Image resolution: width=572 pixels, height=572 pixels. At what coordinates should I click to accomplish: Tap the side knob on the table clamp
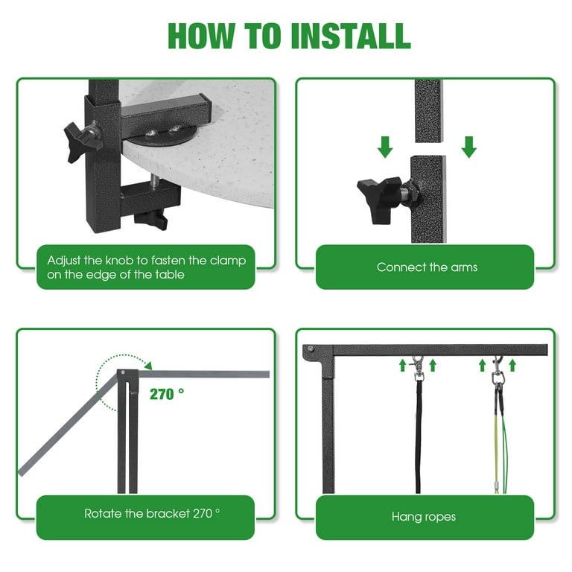point(81,142)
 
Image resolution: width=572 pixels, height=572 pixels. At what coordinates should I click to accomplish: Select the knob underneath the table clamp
point(150,220)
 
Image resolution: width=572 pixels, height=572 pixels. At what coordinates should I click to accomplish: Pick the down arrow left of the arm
point(385,147)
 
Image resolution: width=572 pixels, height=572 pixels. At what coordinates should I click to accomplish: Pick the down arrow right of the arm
point(468,147)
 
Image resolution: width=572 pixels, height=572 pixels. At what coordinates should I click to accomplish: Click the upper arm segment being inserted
point(429,110)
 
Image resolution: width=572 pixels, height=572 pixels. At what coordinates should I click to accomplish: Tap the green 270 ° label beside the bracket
point(167,394)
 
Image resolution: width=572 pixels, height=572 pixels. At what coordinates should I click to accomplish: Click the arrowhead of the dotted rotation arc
point(148,366)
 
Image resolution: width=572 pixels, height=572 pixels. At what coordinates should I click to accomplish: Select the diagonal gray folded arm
point(69,425)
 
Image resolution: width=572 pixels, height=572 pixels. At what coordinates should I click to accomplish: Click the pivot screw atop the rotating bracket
point(123,372)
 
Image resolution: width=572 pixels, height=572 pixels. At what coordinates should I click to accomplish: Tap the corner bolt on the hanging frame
point(311,349)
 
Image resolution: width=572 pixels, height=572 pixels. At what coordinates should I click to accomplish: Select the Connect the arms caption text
point(428,267)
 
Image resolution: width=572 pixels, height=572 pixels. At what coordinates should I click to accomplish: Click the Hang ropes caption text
point(424,517)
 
